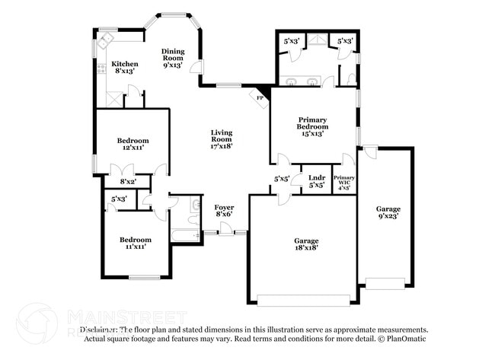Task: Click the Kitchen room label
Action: (125, 68)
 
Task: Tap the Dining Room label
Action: (173, 59)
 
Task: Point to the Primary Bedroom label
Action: (312, 126)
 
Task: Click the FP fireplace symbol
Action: (260, 98)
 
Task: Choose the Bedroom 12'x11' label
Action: (133, 144)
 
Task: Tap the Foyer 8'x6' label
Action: (223, 211)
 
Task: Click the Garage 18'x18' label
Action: (306, 244)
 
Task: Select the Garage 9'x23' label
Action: (388, 212)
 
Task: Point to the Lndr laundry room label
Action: (317, 181)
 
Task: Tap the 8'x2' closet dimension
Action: (128, 181)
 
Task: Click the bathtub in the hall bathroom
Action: (186, 234)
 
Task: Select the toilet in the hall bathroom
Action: (194, 205)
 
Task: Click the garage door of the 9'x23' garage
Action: (385, 283)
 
